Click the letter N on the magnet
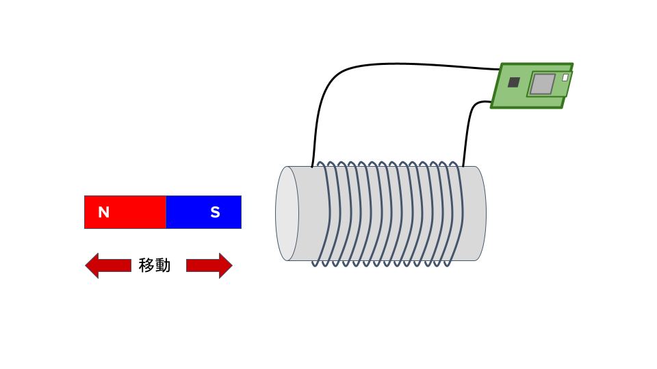pos(104,213)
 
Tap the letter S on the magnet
pos(215,213)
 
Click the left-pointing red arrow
pos(108,265)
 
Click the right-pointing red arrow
pos(209,265)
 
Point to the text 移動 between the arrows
pos(155,265)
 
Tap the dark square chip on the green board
pos(513,82)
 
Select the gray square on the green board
pos(542,84)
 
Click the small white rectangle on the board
pos(565,77)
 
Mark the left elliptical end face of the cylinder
pos(287,213)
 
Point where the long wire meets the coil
pos(313,166)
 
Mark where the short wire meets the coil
pos(463,166)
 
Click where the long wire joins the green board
pos(500,69)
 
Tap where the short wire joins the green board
pos(492,102)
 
